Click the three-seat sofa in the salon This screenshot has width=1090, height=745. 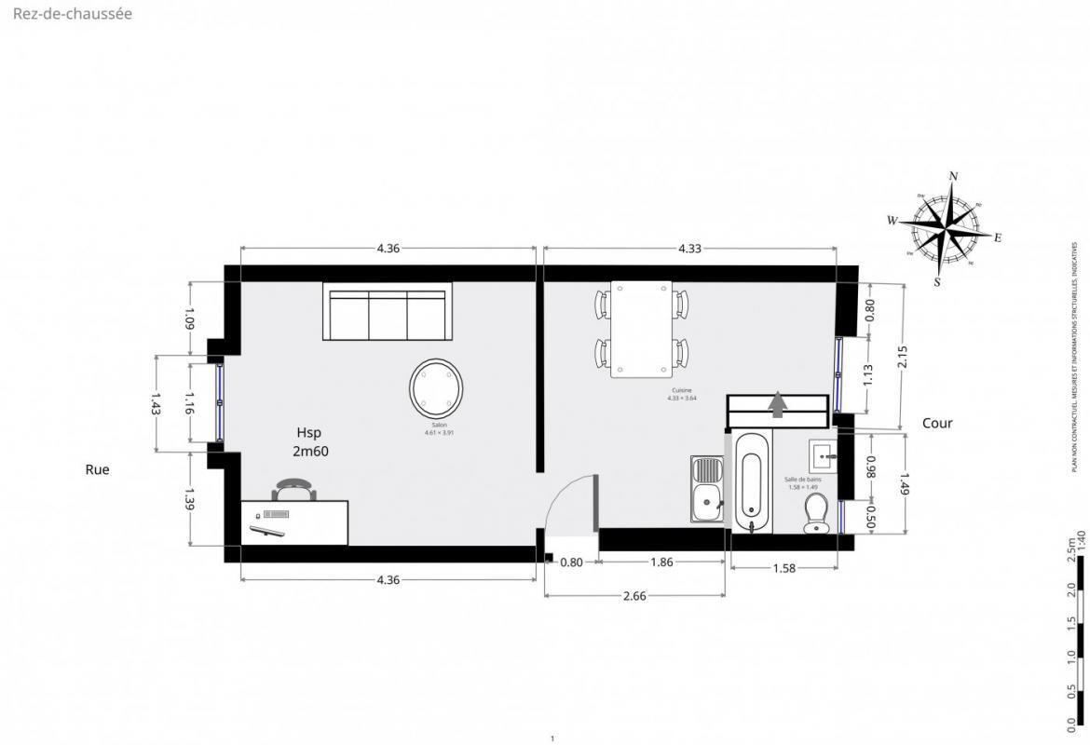click(x=388, y=312)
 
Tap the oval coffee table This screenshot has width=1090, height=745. click(x=436, y=388)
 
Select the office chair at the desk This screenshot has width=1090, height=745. click(x=294, y=490)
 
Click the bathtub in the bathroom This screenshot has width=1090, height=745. click(x=751, y=481)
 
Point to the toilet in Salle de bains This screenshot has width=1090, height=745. click(x=816, y=513)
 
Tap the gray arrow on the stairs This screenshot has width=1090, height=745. click(x=778, y=404)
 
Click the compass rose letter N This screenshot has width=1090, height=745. click(x=953, y=176)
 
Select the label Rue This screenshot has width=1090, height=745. click(x=97, y=470)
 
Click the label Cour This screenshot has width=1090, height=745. click(x=937, y=423)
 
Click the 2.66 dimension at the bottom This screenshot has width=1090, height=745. click(x=634, y=597)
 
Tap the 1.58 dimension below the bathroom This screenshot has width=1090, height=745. click(x=784, y=568)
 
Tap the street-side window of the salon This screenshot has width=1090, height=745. click(x=220, y=402)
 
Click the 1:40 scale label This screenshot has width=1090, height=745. click(x=1081, y=542)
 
